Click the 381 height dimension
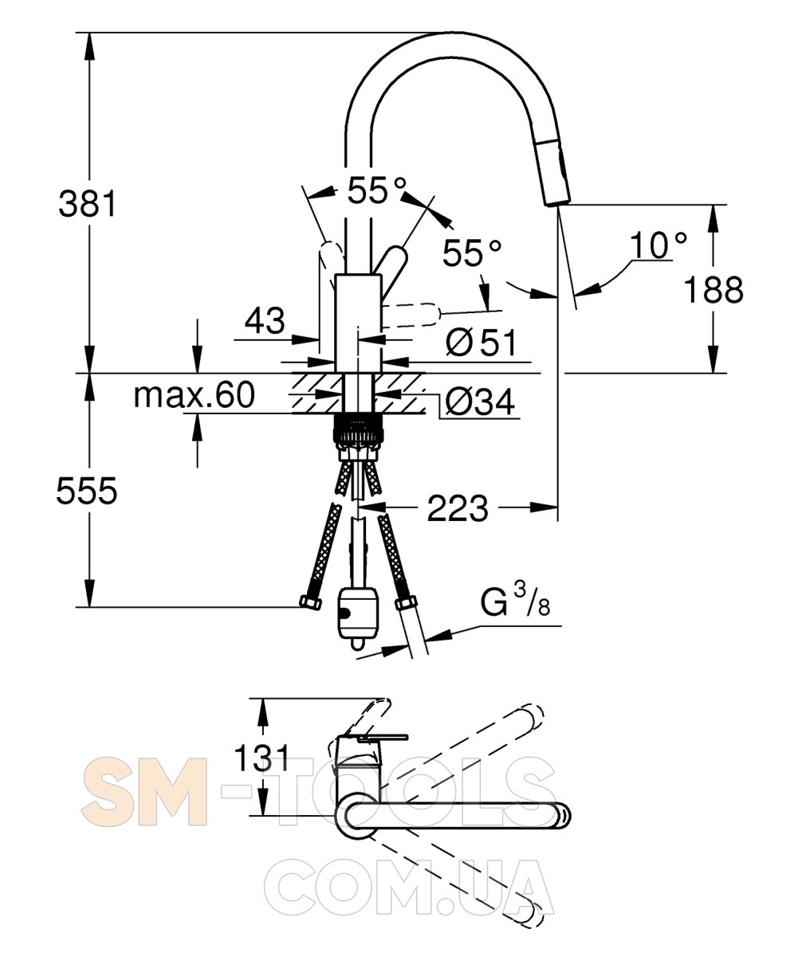[x=88, y=204]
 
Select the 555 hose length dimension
[x=87, y=491]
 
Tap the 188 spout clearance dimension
[x=713, y=289]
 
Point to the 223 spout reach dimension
[x=458, y=508]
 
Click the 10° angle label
[x=658, y=245]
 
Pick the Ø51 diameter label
[x=481, y=343]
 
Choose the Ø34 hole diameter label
[x=480, y=402]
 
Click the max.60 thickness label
[x=195, y=395]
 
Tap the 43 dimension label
[x=265, y=320]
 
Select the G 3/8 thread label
[x=515, y=600]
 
